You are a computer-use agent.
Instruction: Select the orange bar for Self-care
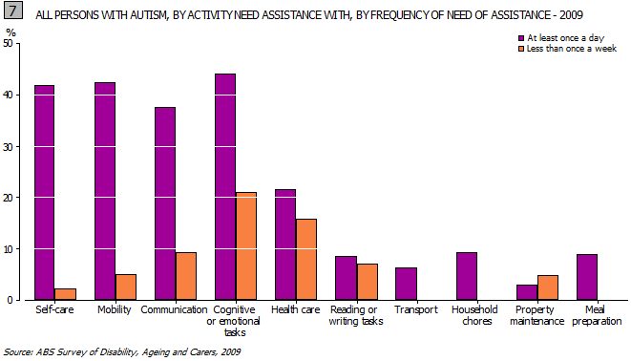click(x=65, y=294)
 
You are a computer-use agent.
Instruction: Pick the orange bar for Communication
click(x=185, y=276)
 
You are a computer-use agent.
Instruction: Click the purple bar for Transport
click(x=405, y=284)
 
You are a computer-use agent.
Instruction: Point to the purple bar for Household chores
click(x=466, y=276)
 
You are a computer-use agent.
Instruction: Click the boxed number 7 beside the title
click(x=13, y=12)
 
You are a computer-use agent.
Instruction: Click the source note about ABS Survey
click(x=121, y=352)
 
